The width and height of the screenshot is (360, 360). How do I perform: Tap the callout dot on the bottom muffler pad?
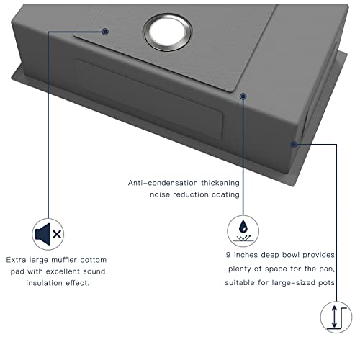point(105,31)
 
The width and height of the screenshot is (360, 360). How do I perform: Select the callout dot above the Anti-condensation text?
point(244,94)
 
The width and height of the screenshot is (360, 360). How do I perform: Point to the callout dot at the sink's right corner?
point(294,144)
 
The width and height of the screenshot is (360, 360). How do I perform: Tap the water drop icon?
point(243,230)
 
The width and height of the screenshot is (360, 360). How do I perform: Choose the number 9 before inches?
point(228,255)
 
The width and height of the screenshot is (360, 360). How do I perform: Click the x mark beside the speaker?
point(57,235)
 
